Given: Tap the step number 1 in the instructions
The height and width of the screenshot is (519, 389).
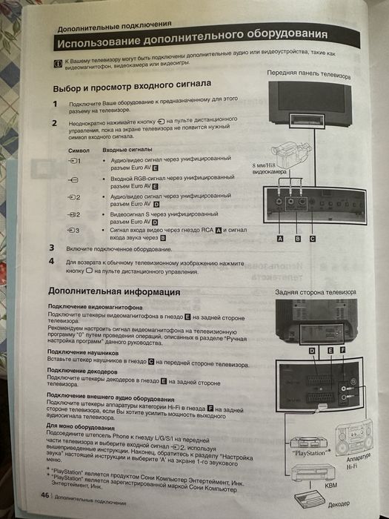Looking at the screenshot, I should [53, 105].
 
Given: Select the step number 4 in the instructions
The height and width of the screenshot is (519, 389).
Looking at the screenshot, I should [52, 262].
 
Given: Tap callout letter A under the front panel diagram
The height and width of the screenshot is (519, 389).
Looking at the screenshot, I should [280, 239].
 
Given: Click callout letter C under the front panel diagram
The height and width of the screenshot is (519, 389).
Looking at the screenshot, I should [313, 239].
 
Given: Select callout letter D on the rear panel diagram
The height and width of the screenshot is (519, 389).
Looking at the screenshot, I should [311, 349].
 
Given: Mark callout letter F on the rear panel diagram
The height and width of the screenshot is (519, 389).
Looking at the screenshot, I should [342, 349].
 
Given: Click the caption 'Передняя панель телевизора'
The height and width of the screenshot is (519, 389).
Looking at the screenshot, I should [308, 75].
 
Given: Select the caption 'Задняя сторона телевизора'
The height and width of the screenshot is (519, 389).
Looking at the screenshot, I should [311, 291].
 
